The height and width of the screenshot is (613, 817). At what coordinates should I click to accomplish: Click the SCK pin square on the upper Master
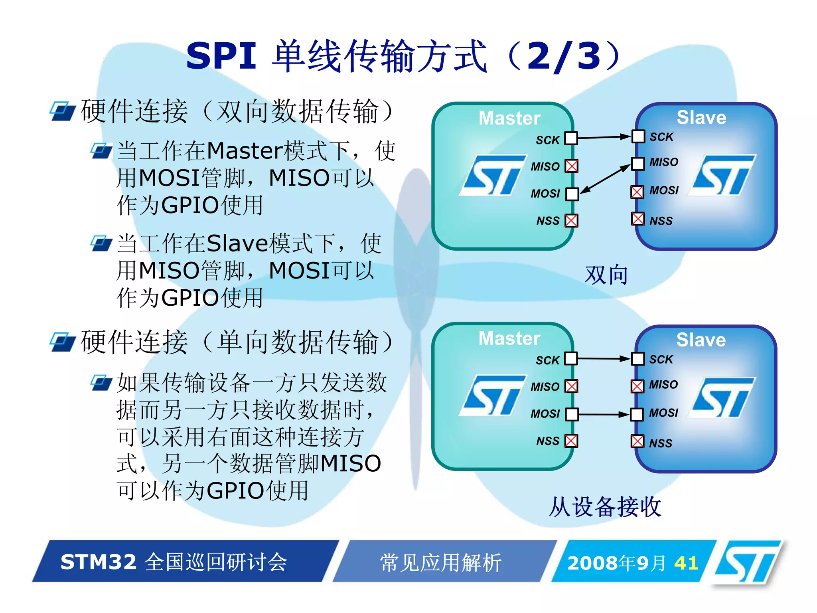(x=571, y=138)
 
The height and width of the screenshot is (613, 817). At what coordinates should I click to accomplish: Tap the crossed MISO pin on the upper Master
(x=571, y=166)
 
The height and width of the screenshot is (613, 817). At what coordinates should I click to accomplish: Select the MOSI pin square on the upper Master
(x=572, y=194)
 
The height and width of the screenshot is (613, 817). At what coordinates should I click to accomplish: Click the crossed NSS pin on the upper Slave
(x=637, y=219)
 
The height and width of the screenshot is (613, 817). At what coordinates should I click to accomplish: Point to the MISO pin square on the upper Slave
(x=637, y=164)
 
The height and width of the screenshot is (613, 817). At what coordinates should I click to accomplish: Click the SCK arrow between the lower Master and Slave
(x=604, y=358)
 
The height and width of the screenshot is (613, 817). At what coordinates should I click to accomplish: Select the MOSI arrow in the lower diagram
(x=604, y=414)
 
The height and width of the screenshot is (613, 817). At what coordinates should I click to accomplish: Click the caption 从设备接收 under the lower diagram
(x=605, y=507)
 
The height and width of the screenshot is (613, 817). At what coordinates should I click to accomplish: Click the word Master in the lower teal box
(x=509, y=338)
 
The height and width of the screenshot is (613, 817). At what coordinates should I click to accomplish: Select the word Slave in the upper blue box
(x=701, y=117)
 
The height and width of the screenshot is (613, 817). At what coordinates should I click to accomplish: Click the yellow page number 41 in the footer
(x=686, y=563)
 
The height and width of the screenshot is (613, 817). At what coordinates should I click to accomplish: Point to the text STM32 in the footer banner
(x=99, y=562)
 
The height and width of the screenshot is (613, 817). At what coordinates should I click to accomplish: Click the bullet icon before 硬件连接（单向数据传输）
(x=62, y=342)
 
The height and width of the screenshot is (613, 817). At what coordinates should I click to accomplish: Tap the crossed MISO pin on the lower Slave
(x=637, y=386)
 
